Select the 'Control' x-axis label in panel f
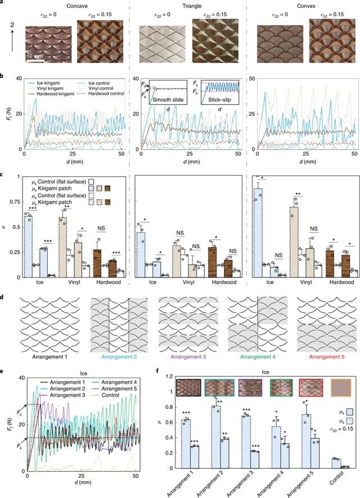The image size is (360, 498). [336, 484]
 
